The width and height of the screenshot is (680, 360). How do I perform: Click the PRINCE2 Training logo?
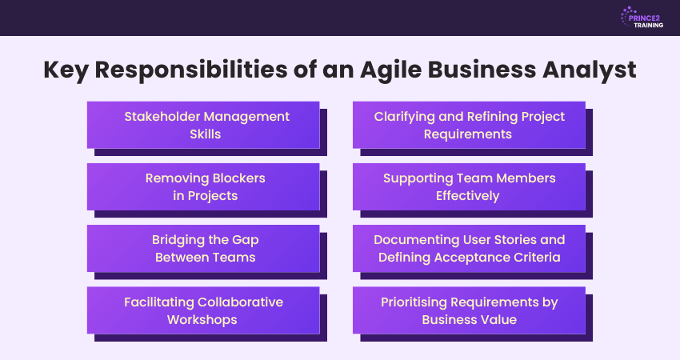pyautogui.click(x=642, y=18)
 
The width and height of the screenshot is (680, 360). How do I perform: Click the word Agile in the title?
pyautogui.click(x=390, y=70)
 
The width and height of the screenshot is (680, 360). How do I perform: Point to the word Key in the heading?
pyautogui.click(x=66, y=70)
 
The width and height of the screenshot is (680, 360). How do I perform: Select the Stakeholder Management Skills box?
pyautogui.click(x=203, y=125)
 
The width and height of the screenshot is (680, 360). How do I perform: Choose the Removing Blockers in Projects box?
pyautogui.click(x=203, y=187)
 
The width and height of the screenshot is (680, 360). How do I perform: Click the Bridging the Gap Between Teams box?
pyautogui.click(x=203, y=249)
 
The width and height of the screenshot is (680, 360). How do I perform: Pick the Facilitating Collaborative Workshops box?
pyautogui.click(x=203, y=310)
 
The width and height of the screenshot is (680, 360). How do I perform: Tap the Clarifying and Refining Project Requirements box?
pyautogui.click(x=469, y=125)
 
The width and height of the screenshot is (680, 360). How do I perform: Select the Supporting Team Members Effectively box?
pyautogui.click(x=469, y=187)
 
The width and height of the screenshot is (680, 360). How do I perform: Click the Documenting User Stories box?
pyautogui.click(x=469, y=249)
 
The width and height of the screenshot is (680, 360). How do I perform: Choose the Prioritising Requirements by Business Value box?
pyautogui.click(x=469, y=310)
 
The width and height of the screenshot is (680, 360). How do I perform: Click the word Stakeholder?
pyautogui.click(x=162, y=116)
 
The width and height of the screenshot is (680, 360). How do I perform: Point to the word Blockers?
pyautogui.click(x=238, y=178)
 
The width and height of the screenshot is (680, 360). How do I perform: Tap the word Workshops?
pyautogui.click(x=202, y=320)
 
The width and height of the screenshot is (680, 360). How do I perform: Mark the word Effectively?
pyautogui.click(x=467, y=196)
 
